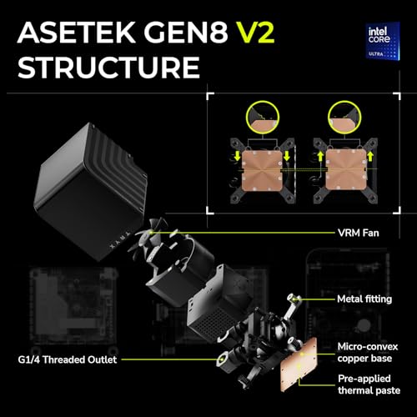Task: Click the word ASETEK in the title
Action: coord(77,33)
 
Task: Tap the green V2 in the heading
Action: coord(255,33)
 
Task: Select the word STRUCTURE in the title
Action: coord(108,68)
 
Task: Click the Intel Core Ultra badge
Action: coord(383,41)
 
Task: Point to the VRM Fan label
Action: coord(359,233)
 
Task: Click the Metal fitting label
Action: coord(364,299)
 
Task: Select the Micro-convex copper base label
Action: coord(368,353)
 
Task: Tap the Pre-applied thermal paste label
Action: coord(369,384)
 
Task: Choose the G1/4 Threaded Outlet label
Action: coord(68,359)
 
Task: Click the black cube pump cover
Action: coord(90,192)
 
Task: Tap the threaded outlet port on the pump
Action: coord(224,359)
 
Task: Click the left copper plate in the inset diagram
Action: coord(263,170)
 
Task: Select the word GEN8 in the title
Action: coord(186,33)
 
